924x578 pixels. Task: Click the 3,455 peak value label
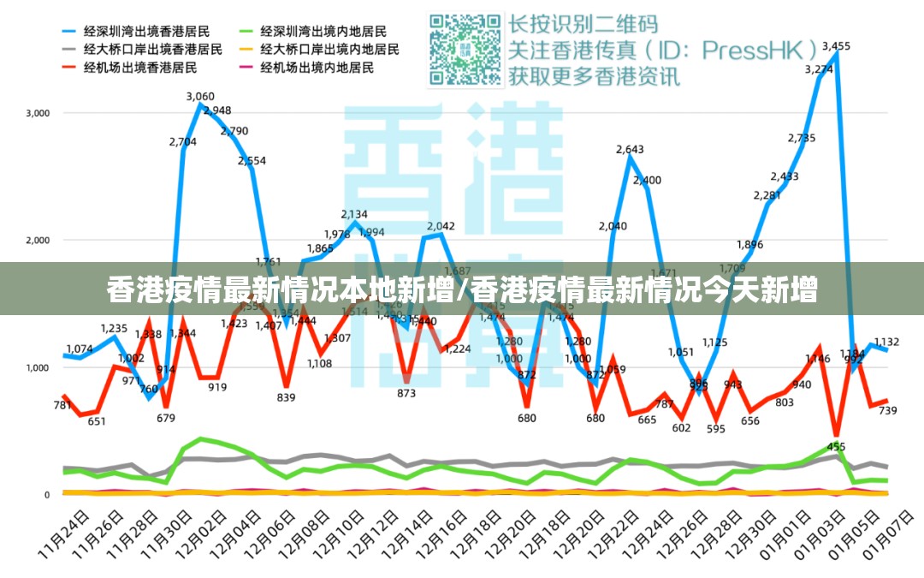[x=836, y=46]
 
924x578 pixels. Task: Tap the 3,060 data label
[x=200, y=97]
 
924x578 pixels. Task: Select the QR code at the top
[x=465, y=49]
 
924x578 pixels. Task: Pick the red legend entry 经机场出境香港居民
[x=140, y=67]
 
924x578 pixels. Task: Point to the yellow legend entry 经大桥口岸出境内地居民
[x=329, y=49]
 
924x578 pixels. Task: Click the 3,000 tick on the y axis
[x=38, y=113]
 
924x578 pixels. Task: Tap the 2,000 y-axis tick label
[x=38, y=241]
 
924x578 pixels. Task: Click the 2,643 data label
[x=630, y=150]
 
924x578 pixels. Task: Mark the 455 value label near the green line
[x=836, y=446]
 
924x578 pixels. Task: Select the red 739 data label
[x=887, y=411]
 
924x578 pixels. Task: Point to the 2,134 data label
[x=354, y=214]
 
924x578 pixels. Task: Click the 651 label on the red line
[x=97, y=420]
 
